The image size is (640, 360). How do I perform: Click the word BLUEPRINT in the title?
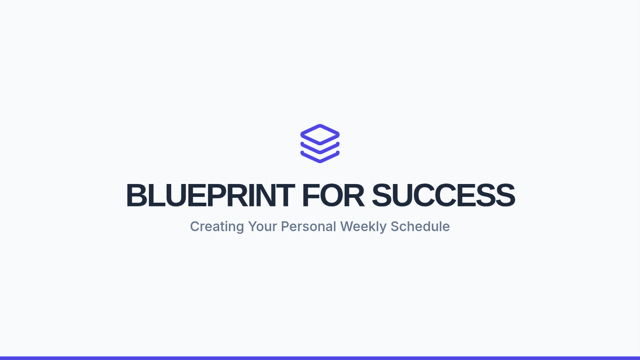210,195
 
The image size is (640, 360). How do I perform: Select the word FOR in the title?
333,195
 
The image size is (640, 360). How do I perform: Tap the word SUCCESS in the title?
443,195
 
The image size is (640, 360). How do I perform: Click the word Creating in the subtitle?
217,227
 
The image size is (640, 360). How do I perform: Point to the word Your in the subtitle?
262,226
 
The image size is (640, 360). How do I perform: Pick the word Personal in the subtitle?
309,226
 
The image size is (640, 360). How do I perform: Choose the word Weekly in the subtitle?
363,227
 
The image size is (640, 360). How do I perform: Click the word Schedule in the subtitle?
420,226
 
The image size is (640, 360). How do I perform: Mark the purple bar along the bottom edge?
320,358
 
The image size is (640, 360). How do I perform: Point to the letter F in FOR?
310,195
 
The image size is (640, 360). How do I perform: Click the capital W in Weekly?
347,226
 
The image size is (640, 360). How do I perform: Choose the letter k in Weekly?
374,226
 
